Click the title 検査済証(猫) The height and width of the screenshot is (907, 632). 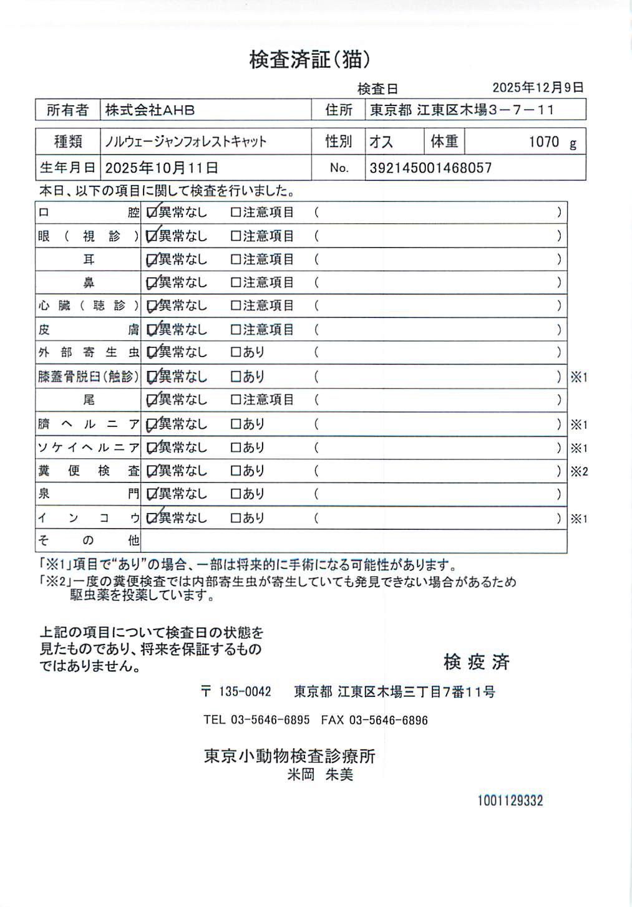coord(309,60)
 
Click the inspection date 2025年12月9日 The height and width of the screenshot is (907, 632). coord(538,88)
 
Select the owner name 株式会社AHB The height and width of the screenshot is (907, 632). coord(150,110)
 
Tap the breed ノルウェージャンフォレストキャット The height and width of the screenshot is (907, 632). coord(185,142)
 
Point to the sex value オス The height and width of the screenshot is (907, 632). coord(381,142)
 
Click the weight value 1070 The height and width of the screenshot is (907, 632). coord(543,142)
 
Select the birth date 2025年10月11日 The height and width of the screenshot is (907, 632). coord(162,168)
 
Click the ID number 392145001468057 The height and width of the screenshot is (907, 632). coord(430,168)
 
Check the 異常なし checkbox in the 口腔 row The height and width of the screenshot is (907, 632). coord(152,213)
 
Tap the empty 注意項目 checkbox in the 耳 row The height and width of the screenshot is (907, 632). coord(236,259)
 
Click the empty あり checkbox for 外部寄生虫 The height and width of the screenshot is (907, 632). coord(236,352)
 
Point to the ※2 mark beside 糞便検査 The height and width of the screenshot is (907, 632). coord(579,472)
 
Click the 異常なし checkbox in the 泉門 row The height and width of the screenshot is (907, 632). coord(152,494)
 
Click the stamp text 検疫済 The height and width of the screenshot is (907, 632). coord(477,662)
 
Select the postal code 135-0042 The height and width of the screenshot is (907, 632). coord(245,692)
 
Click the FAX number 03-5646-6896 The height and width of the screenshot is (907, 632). coord(388,721)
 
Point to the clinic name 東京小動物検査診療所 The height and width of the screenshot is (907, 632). coord(289,756)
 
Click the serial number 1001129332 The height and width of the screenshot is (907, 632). coord(510,801)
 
